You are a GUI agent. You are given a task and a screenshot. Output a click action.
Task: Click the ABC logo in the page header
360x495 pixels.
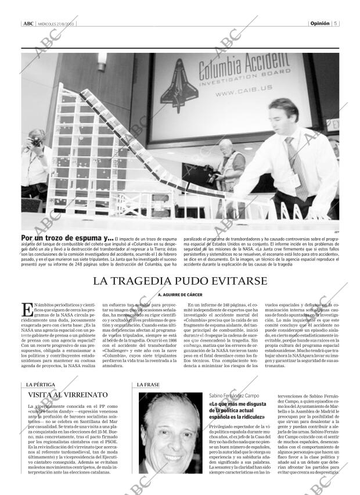[28, 24]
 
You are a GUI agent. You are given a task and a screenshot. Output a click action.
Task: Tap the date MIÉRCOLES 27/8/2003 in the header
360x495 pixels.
[57, 24]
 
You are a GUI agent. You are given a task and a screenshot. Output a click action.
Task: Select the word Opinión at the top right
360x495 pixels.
[319, 24]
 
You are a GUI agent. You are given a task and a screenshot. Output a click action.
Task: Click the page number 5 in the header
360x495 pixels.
[336, 24]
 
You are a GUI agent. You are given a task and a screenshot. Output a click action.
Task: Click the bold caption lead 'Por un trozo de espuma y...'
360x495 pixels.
[67, 238]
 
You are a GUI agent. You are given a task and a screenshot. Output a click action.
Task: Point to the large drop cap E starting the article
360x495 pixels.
[27, 310]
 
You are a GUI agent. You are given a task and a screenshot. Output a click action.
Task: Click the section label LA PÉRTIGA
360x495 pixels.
[36, 385]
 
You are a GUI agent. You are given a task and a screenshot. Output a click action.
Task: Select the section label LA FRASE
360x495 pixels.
[148, 385]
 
